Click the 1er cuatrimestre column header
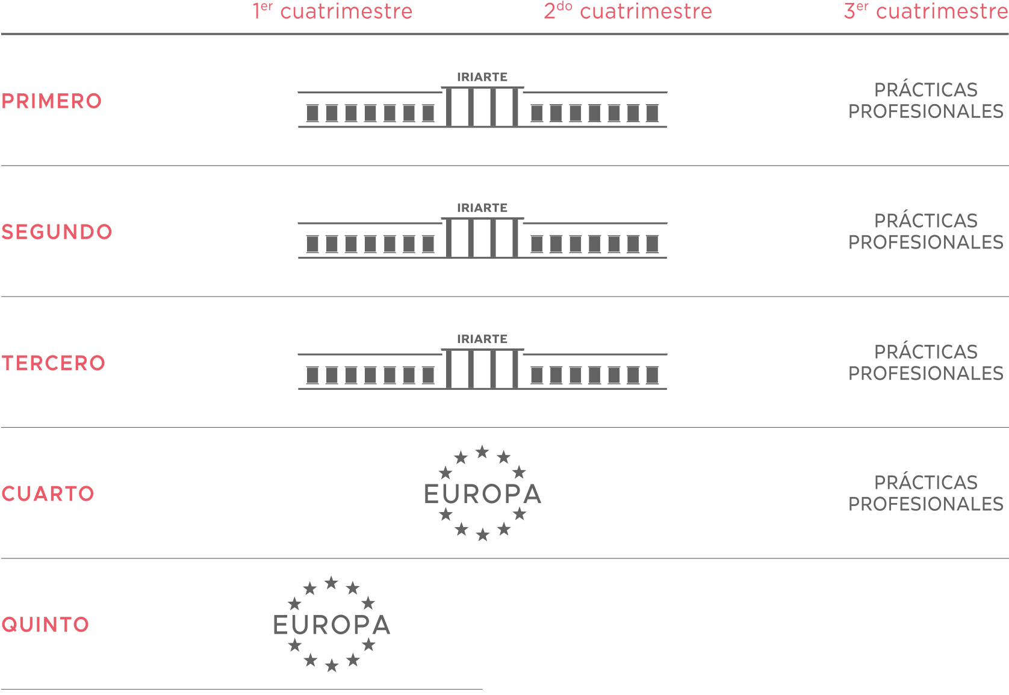tap(332, 11)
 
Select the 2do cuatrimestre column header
tap(628, 11)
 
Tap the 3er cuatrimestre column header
tap(926, 11)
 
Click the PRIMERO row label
tap(51, 101)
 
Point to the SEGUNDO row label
tap(57, 232)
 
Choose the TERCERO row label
tap(53, 363)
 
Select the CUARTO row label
tap(48, 494)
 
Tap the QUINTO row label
tap(45, 625)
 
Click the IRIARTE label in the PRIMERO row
tap(482, 77)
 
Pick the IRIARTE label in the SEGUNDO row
tap(482, 208)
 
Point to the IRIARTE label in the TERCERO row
tap(482, 339)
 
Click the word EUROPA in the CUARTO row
tap(482, 494)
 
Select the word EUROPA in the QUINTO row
tap(332, 625)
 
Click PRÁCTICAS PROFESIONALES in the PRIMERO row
tap(926, 101)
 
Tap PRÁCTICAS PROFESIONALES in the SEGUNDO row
tap(926, 232)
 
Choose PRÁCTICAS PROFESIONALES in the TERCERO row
tap(926, 363)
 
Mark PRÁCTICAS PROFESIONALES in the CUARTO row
tap(926, 493)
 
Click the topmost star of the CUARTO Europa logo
tap(482, 451)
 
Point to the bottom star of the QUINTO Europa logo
tap(332, 666)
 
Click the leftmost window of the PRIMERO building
tap(312, 113)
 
